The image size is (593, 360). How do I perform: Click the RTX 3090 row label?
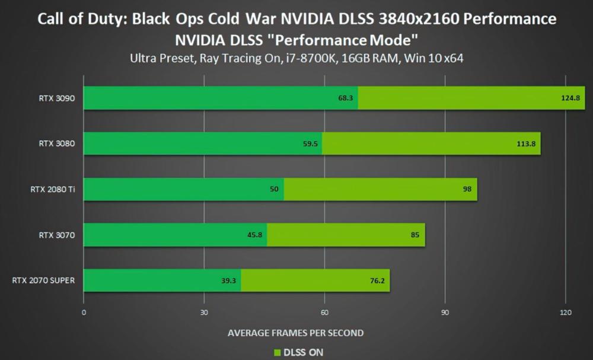(57, 98)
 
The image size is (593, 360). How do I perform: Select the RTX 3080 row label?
(57, 144)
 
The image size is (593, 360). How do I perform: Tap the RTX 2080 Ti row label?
(53, 189)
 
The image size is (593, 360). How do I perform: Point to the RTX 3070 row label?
(57, 235)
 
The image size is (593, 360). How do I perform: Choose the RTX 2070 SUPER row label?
(43, 281)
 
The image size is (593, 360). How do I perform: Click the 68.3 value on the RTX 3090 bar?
(346, 98)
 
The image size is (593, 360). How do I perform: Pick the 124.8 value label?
(570, 98)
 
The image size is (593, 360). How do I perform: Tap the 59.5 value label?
(311, 144)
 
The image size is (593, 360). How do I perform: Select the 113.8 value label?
(526, 144)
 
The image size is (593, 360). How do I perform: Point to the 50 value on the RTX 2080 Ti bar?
(274, 189)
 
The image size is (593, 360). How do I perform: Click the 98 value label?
(467, 189)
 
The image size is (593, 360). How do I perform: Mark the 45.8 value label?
(255, 235)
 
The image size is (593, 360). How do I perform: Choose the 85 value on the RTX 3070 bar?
(415, 235)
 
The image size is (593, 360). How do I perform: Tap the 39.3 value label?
(228, 281)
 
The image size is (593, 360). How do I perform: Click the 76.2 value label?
(377, 281)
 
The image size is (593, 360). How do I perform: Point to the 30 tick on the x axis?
(204, 313)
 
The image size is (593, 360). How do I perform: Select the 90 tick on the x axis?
(445, 313)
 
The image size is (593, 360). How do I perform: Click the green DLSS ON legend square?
(278, 353)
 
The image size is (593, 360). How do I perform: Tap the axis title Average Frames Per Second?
(295, 333)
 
